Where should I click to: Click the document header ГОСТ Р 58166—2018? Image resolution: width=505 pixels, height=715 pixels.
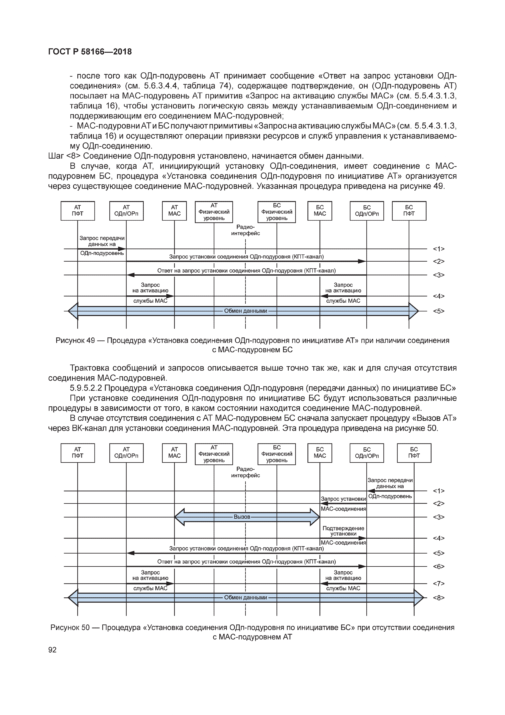coord(90,52)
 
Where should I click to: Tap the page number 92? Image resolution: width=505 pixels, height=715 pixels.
coord(53,650)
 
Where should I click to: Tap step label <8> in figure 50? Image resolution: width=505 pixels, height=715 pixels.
coord(438,598)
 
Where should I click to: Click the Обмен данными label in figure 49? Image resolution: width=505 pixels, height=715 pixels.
coord(245,311)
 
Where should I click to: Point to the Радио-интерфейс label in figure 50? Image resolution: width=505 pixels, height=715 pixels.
coord(245,472)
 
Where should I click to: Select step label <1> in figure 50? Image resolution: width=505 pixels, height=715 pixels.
coord(438,491)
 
